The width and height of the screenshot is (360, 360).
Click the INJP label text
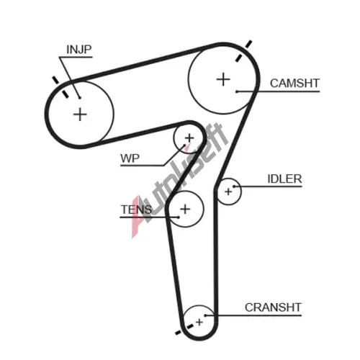[x=79, y=50]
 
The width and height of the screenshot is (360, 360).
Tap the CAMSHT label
[x=294, y=84]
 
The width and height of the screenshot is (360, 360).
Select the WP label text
[x=130, y=158]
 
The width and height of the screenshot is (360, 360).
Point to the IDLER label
[x=284, y=179]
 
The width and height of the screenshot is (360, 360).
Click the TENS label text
[x=136, y=210]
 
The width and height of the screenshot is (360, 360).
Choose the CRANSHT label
[x=273, y=307]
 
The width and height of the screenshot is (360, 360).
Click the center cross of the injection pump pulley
[x=80, y=114]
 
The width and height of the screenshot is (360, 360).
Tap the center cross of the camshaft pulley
[x=223, y=79]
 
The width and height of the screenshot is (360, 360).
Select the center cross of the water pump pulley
[x=189, y=138]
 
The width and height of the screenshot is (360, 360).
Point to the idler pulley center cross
[x=228, y=192]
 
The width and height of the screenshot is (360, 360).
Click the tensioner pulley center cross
[x=185, y=209]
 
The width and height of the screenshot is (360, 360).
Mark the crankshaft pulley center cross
[x=199, y=322]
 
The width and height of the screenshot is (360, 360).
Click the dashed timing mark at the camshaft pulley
[x=243, y=51]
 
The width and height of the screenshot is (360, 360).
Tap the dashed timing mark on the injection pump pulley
[x=60, y=87]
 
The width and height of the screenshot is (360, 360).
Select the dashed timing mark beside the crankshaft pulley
[x=184, y=329]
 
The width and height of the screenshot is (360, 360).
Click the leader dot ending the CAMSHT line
[x=237, y=91]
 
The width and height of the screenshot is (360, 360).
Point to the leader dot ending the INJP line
[x=80, y=98]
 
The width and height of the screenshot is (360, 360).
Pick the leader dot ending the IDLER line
[x=234, y=186]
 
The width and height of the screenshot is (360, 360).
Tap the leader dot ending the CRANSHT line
[x=205, y=315]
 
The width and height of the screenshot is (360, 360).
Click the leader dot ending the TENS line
[x=179, y=217]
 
